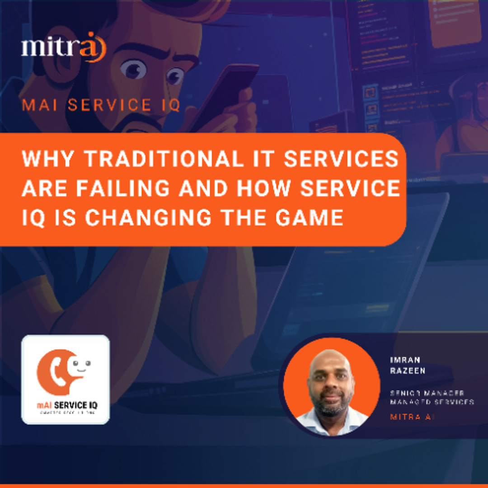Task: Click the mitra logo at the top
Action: click(63, 47)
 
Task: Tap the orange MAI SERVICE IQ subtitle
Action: click(101, 105)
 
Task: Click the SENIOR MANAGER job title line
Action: click(427, 393)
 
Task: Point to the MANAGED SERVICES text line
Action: click(432, 402)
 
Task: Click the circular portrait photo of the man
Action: click(331, 385)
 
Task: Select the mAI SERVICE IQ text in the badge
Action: click(67, 405)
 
